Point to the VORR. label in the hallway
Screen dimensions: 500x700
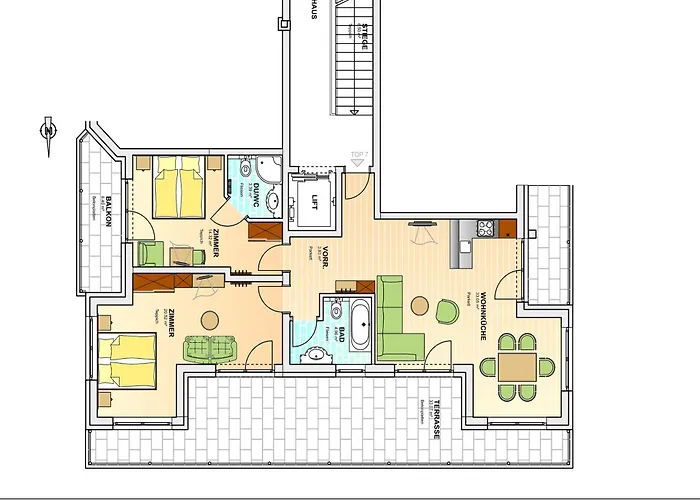tap(326, 262)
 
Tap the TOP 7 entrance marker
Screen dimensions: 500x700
tap(357, 155)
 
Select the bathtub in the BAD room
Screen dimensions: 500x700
tap(360, 323)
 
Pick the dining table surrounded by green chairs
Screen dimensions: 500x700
tap(517, 367)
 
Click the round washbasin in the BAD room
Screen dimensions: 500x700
tap(334, 311)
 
